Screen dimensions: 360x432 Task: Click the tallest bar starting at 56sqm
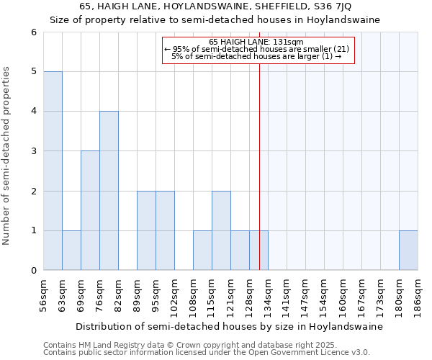(x=53, y=171)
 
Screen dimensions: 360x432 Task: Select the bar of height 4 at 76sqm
(x=109, y=191)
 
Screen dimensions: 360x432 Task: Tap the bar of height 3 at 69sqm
(x=90, y=210)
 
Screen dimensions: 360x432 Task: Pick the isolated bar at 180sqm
(x=408, y=251)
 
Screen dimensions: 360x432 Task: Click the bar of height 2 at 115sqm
(x=221, y=230)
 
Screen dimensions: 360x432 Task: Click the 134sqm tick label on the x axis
(x=269, y=294)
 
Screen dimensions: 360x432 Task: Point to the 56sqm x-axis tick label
(x=44, y=294)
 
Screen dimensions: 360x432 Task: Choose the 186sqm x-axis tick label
(x=418, y=294)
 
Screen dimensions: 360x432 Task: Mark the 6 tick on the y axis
(x=33, y=32)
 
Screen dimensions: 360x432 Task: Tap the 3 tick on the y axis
(x=33, y=151)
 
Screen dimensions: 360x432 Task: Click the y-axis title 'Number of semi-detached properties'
(x=7, y=156)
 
